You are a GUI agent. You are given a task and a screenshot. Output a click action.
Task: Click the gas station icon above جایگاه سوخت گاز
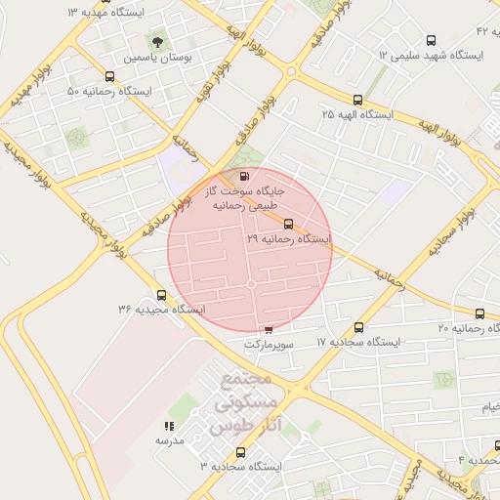pyautogui.click(x=241, y=177)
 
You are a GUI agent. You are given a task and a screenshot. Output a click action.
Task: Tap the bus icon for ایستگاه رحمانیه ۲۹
pyautogui.click(x=286, y=224)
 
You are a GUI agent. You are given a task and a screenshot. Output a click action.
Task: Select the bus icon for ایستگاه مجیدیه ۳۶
pyautogui.click(x=162, y=295)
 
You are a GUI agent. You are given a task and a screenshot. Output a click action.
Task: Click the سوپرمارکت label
pyautogui.click(x=268, y=345)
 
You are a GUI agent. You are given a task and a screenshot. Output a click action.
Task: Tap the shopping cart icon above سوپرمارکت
pyautogui.click(x=269, y=330)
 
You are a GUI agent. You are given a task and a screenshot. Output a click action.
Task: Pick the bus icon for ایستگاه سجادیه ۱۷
pyautogui.click(x=358, y=327)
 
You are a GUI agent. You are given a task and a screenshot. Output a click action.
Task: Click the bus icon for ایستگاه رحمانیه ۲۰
pyautogui.click(x=479, y=313)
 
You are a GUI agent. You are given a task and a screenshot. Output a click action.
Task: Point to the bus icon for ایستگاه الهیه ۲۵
pyautogui.click(x=357, y=100)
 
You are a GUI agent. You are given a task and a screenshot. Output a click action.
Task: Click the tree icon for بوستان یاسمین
pyautogui.click(x=156, y=42)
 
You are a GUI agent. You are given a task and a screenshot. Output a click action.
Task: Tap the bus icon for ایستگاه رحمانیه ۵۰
pyautogui.click(x=107, y=76)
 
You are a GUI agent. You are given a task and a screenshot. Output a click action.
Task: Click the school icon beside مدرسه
pyautogui.click(x=169, y=426)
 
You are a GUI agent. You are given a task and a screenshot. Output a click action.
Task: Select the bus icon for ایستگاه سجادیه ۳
pyautogui.click(x=241, y=452)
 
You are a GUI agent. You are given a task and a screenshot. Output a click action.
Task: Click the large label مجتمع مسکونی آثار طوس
pyautogui.click(x=244, y=403)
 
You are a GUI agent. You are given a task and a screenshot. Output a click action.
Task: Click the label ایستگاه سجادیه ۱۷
pyautogui.click(x=358, y=343)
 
